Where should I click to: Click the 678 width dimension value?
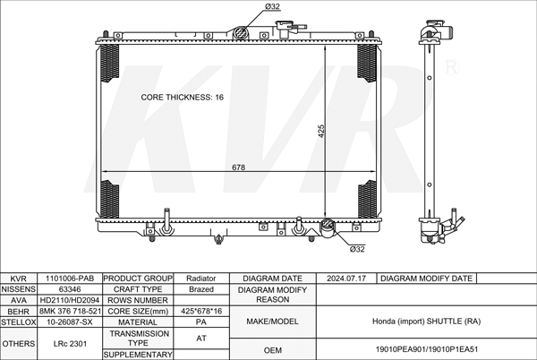(x=238, y=167)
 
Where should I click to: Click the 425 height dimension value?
(x=321, y=131)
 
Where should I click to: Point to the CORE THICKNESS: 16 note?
(x=183, y=98)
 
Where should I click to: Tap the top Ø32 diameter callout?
(x=272, y=6)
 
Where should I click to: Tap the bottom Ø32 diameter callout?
(x=357, y=249)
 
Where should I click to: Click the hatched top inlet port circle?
(x=241, y=33)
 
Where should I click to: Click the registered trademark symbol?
(x=451, y=67)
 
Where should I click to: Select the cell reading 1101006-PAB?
(x=70, y=279)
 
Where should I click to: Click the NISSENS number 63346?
(x=70, y=289)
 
